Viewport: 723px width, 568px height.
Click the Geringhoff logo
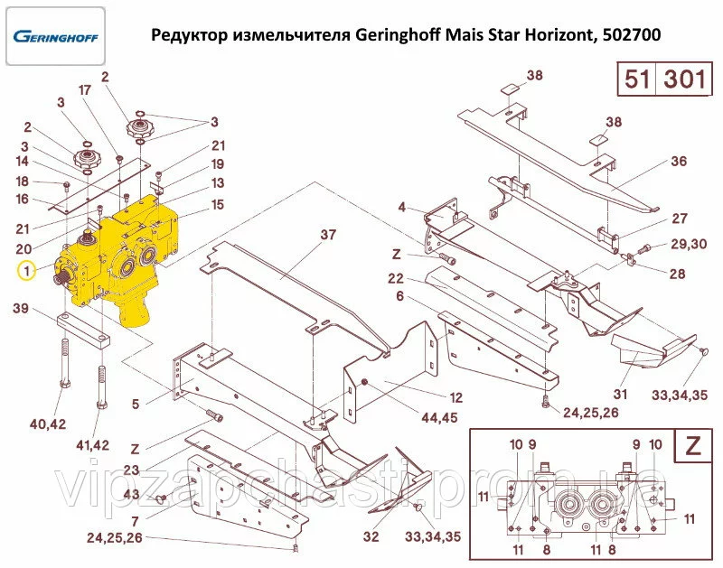[56, 36]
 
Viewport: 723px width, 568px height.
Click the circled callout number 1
[27, 271]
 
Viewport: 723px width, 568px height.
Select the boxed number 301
[684, 79]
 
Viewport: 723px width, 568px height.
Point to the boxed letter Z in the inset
[693, 444]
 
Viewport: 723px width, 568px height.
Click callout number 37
[328, 235]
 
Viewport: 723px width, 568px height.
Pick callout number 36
[679, 162]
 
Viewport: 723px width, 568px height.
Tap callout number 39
[21, 308]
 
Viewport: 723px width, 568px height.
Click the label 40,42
[48, 424]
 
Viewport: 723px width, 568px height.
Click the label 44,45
[439, 417]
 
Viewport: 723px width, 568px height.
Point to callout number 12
[455, 397]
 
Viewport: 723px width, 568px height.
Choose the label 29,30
[689, 244]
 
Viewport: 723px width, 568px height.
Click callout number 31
[620, 394]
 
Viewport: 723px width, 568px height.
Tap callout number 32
[371, 536]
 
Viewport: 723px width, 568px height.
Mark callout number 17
[84, 89]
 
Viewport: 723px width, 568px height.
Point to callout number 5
[135, 404]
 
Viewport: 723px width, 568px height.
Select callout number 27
[680, 219]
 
